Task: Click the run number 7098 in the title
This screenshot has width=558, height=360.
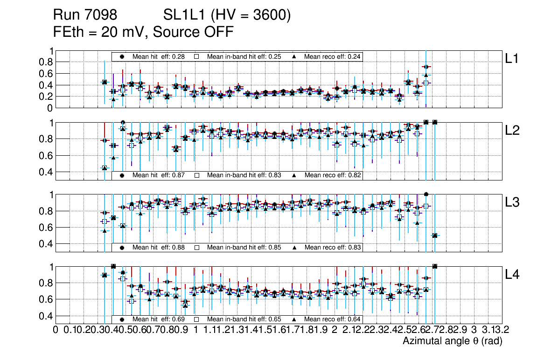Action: (x=102, y=15)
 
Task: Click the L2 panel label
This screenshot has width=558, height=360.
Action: (x=513, y=131)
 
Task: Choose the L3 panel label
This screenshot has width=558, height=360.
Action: (x=513, y=202)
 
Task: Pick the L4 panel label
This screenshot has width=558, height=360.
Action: (x=513, y=275)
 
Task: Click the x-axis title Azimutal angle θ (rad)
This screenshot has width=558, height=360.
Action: (x=452, y=341)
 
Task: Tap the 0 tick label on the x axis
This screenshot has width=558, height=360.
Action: (x=56, y=330)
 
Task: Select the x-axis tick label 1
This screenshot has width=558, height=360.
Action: (x=195, y=330)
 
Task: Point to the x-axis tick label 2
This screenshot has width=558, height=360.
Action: (x=335, y=330)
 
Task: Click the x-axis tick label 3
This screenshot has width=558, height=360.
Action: (x=474, y=330)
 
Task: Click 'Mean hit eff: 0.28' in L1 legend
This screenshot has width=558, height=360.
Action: (x=159, y=56)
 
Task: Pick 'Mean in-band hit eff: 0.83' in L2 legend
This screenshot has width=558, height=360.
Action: (x=244, y=175)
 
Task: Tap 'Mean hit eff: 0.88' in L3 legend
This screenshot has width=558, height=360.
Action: (x=159, y=247)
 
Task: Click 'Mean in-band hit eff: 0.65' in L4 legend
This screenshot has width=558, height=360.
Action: (x=244, y=319)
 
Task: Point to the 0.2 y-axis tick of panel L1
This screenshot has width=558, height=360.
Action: (x=49, y=97)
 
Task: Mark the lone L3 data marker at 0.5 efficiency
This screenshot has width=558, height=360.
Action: (x=435, y=235)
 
